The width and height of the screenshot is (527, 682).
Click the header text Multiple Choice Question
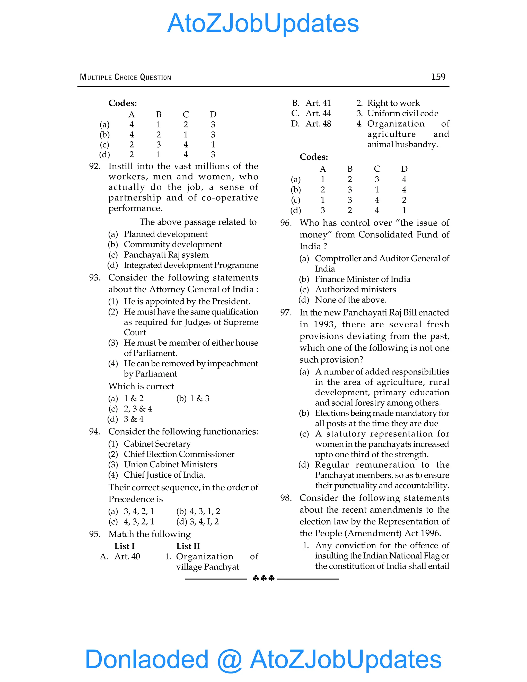[x=125, y=77]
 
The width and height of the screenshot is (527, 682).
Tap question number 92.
[x=95, y=166]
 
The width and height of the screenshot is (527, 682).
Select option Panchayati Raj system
[x=166, y=255]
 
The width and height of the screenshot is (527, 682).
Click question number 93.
[x=95, y=278]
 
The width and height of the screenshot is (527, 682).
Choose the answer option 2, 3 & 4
[x=138, y=409]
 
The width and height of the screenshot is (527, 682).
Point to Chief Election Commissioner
[x=179, y=454]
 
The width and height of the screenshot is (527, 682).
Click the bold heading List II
[x=188, y=546]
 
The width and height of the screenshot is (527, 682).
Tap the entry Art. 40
[x=127, y=556]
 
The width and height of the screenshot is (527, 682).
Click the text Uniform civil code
[x=402, y=113]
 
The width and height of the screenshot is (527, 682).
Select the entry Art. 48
[x=318, y=124]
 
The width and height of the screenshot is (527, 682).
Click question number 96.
[x=286, y=223]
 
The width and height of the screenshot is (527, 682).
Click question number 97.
[x=286, y=313]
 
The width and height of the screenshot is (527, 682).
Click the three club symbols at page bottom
[x=263, y=578]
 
